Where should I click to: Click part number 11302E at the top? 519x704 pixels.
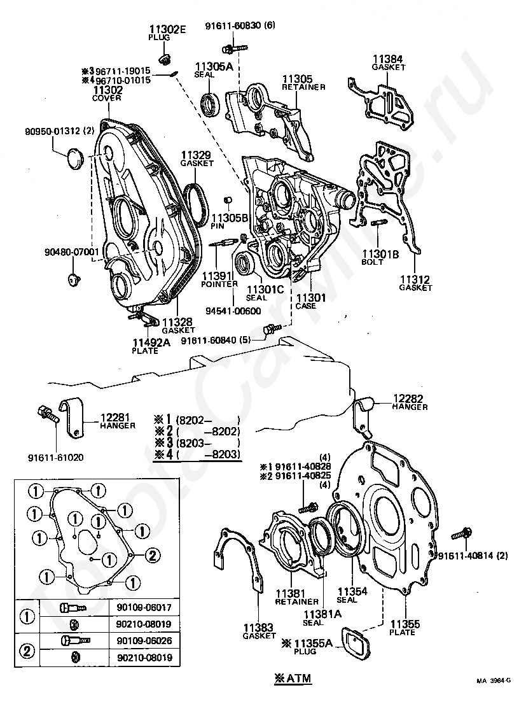(x=167, y=30)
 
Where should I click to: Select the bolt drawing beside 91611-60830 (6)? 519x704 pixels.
(x=234, y=46)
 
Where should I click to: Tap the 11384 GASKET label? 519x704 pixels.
(x=388, y=62)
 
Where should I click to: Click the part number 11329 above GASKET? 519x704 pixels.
(x=196, y=155)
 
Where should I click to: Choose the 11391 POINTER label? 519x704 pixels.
(x=219, y=279)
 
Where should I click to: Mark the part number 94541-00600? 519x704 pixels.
(x=233, y=311)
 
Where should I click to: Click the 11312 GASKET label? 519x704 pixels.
(x=415, y=283)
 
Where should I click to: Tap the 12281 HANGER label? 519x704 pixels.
(x=116, y=421)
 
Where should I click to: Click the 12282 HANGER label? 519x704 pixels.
(x=410, y=402)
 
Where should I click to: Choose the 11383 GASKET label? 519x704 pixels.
(x=259, y=631)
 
